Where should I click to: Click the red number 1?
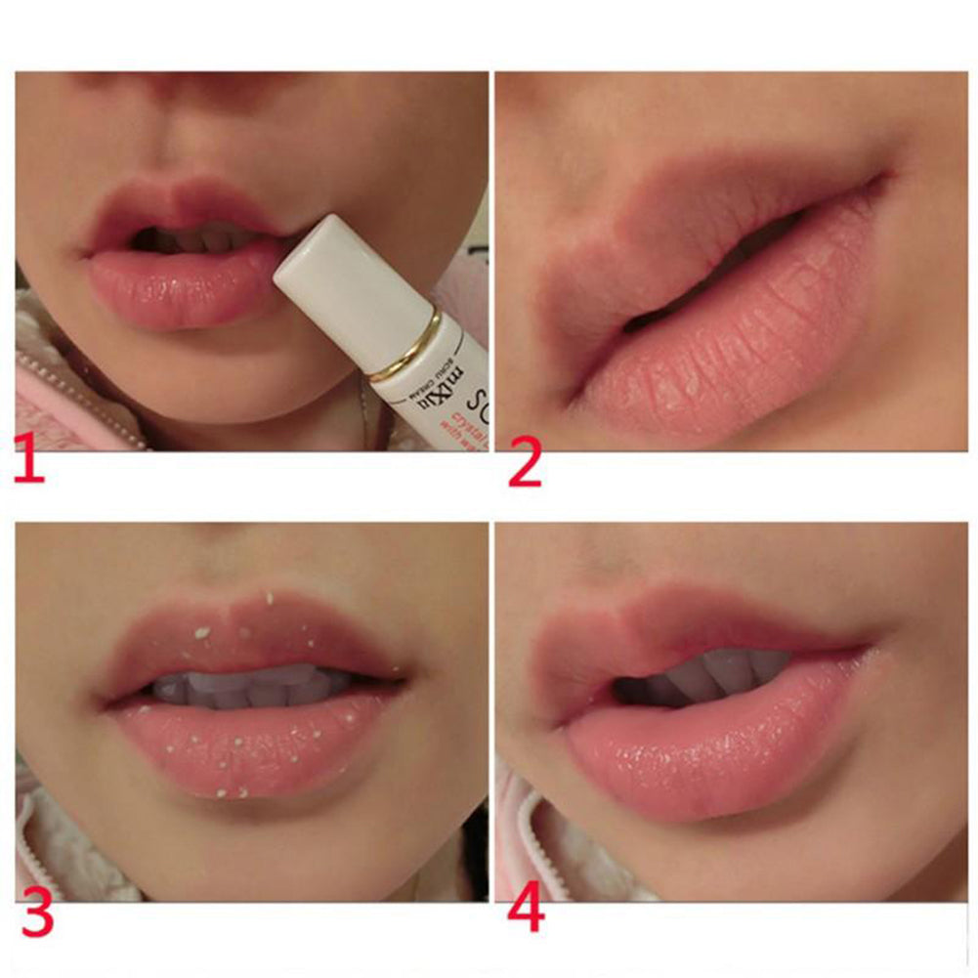29,462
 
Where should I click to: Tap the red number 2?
524,462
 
